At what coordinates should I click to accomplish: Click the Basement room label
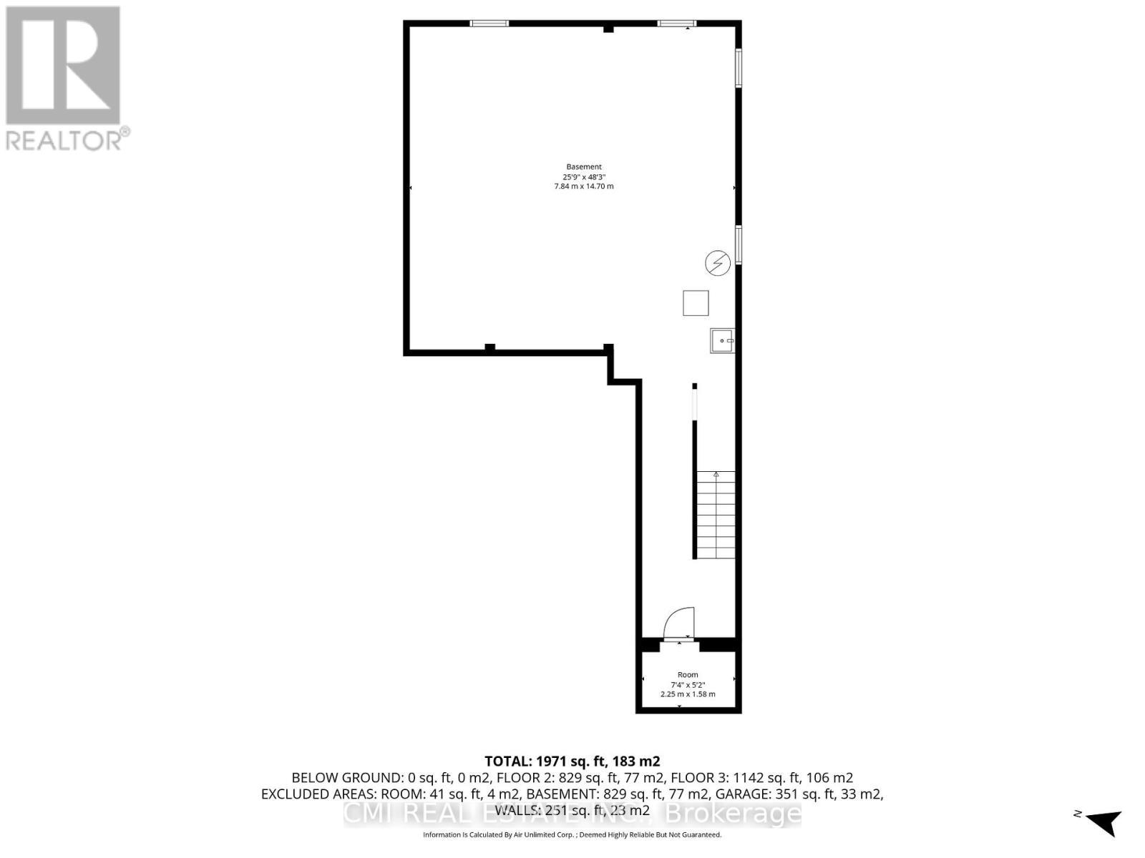point(584,167)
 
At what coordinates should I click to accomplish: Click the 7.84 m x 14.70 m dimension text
point(584,187)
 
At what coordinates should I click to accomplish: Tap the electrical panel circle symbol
point(718,264)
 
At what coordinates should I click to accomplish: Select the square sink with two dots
point(722,340)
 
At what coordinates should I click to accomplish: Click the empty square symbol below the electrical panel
point(696,303)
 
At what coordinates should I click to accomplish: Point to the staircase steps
point(716,515)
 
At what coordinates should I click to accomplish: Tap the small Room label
point(688,675)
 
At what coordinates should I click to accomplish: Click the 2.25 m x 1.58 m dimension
point(688,694)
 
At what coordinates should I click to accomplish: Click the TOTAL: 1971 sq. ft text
point(572,761)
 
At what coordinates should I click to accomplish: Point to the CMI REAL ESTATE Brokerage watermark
point(572,814)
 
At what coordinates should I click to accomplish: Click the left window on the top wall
point(489,24)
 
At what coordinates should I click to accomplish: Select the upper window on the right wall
point(739,68)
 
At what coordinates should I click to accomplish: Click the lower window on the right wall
point(739,244)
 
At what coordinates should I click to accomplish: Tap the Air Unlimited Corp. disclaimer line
point(572,834)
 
